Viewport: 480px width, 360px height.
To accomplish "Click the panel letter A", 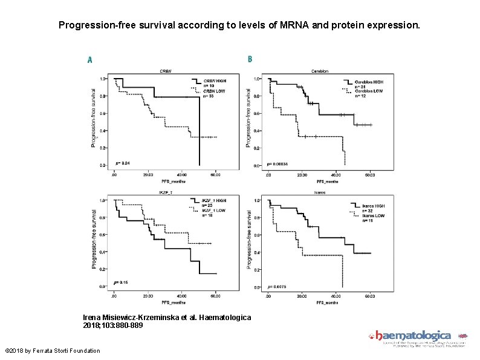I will click(x=90, y=60).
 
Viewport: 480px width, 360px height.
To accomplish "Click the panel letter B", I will click(x=250, y=59).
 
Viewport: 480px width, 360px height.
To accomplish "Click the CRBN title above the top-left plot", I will click(x=164, y=71).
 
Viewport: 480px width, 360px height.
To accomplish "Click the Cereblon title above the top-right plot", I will click(x=319, y=71).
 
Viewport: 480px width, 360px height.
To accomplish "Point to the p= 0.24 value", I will click(x=122, y=162).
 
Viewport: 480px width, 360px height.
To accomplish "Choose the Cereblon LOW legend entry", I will click(x=368, y=91).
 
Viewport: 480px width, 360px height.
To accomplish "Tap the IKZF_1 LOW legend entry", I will click(x=214, y=210).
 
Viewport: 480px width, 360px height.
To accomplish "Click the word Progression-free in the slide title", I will click(x=90, y=26).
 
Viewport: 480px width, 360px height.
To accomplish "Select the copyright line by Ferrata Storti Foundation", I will click(x=52, y=351).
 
